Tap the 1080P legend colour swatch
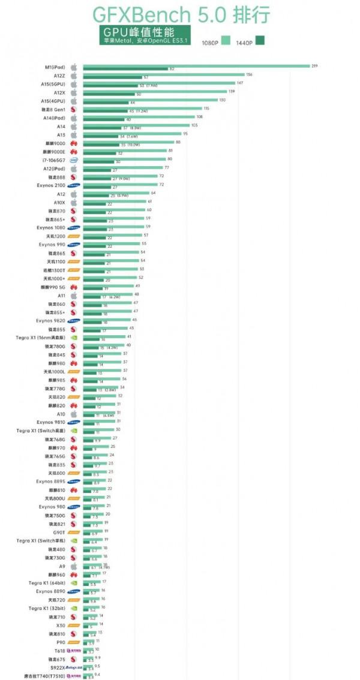coord(226,41)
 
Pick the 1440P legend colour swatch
coord(260,41)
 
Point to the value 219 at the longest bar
coord(314,65)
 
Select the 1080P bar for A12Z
coord(163,75)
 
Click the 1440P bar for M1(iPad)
coord(125,70)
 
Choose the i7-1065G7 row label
coord(53,161)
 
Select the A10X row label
coord(57,203)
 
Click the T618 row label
coord(59,650)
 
